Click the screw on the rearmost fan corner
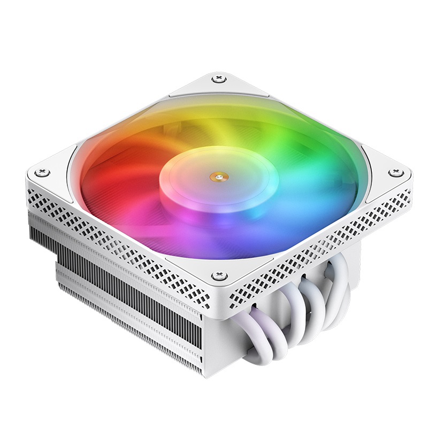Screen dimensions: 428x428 tap(218, 79)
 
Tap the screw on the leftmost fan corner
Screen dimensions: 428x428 tap(43, 172)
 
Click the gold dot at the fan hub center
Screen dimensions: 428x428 tap(218, 173)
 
